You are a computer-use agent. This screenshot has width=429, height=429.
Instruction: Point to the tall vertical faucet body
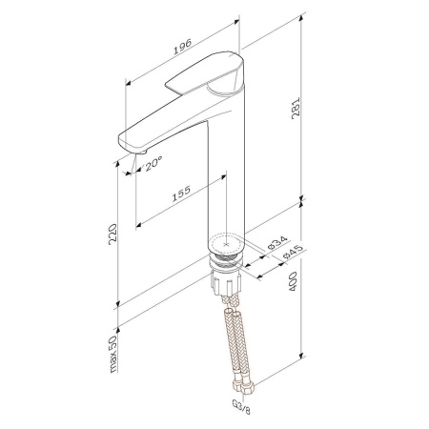224,172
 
